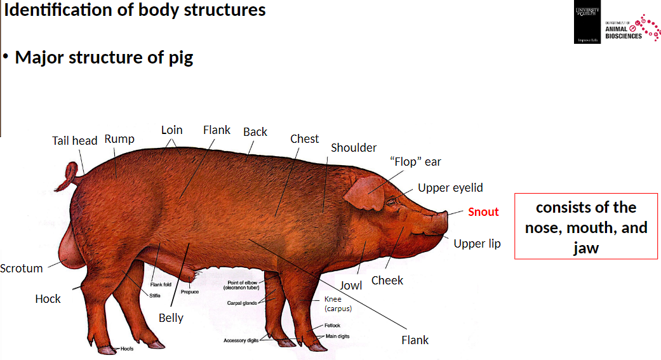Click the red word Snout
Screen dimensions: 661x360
483,212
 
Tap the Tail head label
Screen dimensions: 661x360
74,140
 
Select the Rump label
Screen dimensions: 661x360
119,138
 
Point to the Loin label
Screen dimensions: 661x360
171,130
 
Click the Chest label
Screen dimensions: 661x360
304,138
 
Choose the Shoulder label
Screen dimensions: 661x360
354,148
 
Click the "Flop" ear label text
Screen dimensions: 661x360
415,162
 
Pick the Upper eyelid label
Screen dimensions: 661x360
450,187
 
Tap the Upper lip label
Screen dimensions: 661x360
477,244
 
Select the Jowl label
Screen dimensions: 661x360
351,285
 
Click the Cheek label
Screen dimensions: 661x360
387,280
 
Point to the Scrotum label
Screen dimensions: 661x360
22,269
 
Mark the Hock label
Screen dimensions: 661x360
48,298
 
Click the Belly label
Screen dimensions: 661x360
171,317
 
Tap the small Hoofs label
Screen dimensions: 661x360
127,349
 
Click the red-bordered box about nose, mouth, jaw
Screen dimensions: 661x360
585,227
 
